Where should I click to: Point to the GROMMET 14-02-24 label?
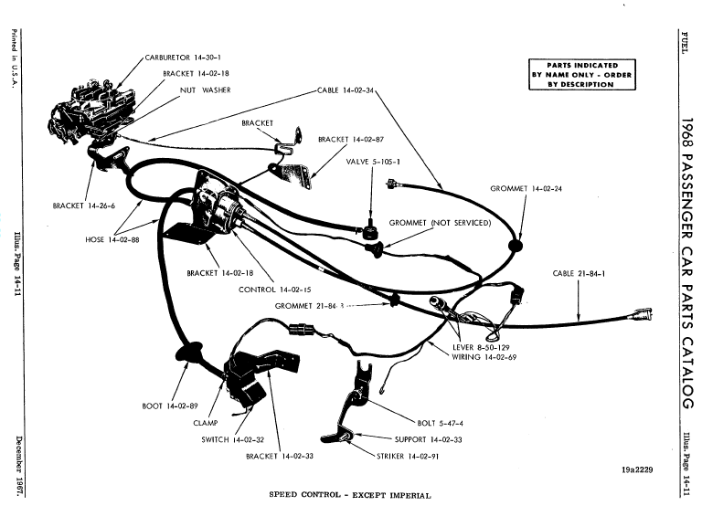click(526, 188)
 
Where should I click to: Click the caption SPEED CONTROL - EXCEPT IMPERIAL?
click(349, 496)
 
